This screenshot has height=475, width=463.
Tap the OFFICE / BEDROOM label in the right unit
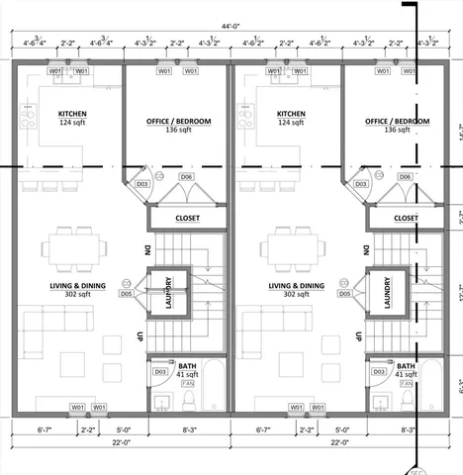point(398,121)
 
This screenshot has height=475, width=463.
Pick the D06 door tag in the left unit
point(185,176)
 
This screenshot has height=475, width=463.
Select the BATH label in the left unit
point(187,366)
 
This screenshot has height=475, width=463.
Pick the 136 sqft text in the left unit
point(179,130)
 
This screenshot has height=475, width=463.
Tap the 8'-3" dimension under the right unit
point(408,430)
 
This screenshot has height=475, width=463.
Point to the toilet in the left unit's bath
point(189,400)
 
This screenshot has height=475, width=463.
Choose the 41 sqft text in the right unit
point(406,375)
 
